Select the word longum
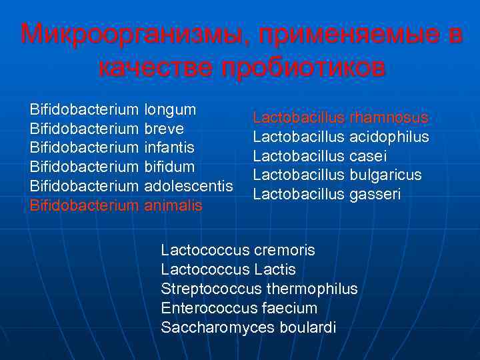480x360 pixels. [x=170, y=108]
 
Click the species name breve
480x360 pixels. [x=164, y=127]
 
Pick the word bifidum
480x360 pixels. [x=169, y=165]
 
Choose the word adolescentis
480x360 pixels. [x=189, y=185]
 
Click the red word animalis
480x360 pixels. [x=173, y=205]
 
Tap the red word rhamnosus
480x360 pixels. [x=389, y=118]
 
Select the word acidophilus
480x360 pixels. [x=389, y=137]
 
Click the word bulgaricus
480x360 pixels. [x=385, y=175]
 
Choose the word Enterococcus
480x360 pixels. [x=204, y=309]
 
